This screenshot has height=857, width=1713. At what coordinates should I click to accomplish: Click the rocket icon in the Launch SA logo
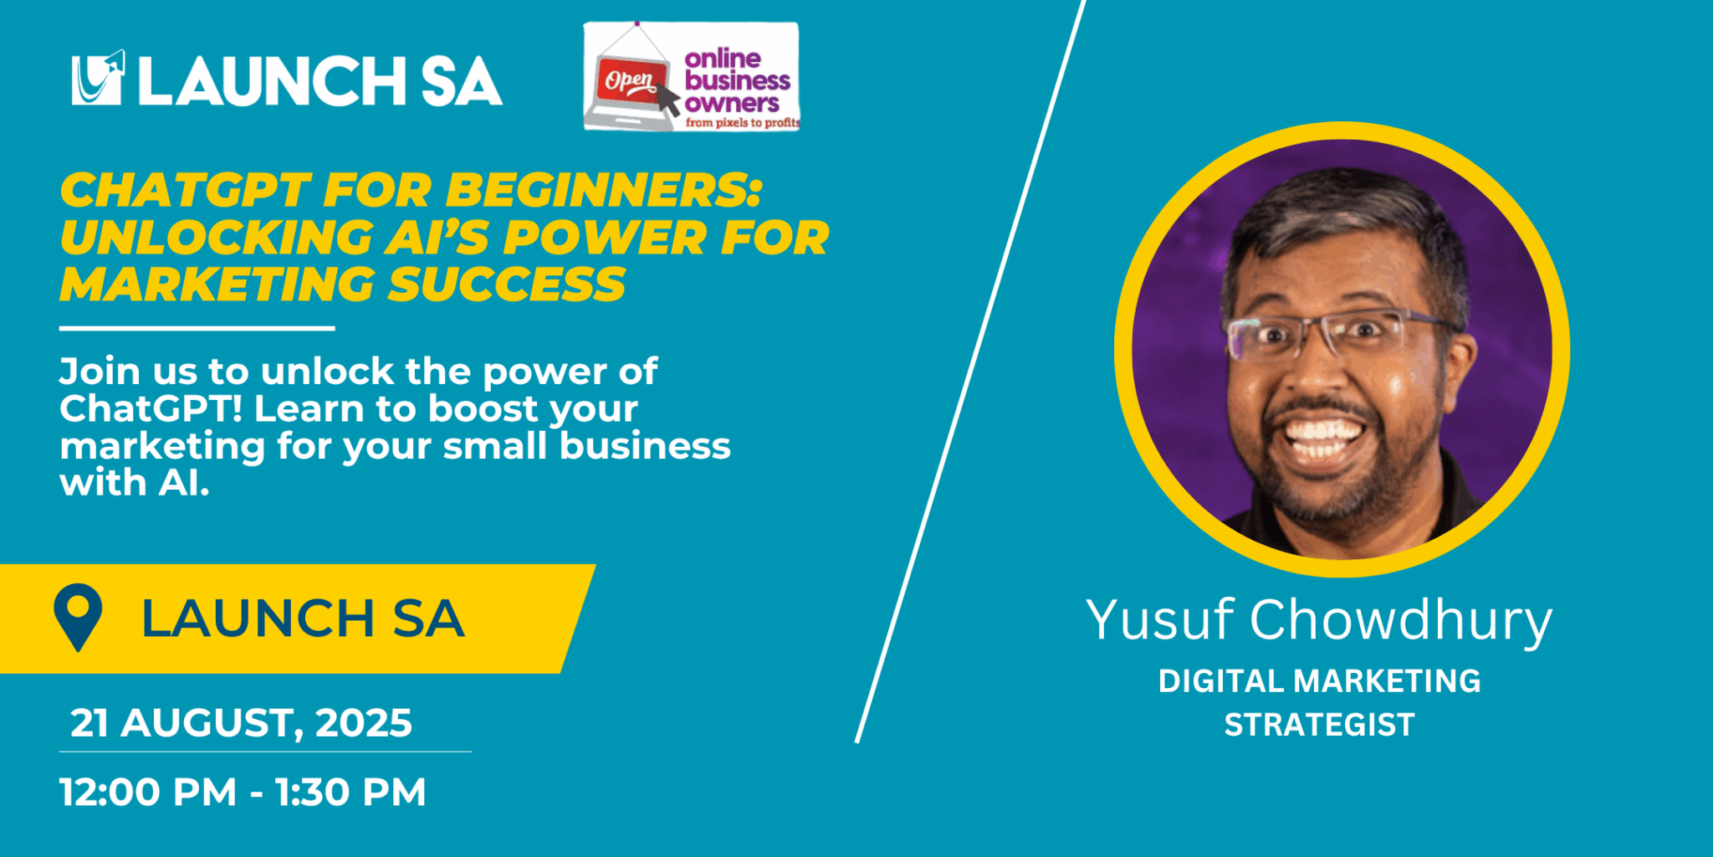99,77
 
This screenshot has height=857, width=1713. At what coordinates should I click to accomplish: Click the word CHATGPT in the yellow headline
186,190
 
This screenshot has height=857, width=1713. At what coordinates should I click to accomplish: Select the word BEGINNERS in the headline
604,190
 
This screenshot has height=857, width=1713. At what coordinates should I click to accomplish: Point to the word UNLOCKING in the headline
216,237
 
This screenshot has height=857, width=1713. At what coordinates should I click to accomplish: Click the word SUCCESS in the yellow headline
507,284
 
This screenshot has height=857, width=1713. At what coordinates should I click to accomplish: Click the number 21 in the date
89,723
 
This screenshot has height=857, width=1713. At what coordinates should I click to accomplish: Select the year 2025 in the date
364,723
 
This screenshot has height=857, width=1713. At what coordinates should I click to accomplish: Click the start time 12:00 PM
148,792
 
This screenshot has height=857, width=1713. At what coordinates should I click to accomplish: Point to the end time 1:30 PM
350,792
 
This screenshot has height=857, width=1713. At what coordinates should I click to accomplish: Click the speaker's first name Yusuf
1159,620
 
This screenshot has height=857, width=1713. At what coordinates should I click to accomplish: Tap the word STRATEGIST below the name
1319,725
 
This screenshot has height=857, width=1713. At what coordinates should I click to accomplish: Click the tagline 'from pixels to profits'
743,122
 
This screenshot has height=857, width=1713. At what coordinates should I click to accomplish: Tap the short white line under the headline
197,329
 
